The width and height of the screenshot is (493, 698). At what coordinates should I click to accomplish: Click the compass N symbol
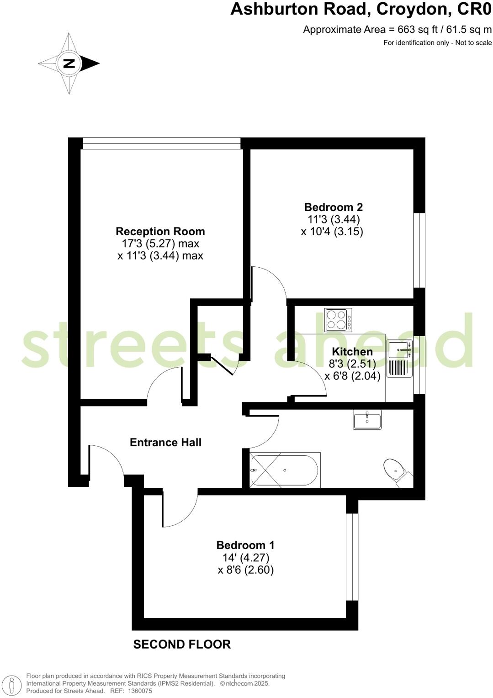coord(69,63)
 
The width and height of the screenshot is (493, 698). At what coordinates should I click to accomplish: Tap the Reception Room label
coord(160,231)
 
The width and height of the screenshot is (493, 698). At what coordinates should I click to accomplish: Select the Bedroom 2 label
coord(333,207)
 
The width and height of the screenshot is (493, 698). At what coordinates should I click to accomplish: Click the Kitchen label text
coord(352,351)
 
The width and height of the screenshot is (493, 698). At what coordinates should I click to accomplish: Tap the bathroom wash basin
coord(367,419)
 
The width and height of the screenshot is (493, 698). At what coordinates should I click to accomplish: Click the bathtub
coord(284,470)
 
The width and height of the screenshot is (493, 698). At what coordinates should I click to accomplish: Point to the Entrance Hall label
coord(165,442)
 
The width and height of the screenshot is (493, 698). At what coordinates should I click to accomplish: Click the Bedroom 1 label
coord(245,545)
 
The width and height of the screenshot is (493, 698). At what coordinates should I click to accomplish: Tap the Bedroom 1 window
coord(351,557)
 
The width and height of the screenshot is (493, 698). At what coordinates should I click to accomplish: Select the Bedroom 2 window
coord(419,250)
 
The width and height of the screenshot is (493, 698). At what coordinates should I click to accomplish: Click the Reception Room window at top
coord(161,143)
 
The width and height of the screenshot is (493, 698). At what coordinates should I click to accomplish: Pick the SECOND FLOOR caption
coord(182,644)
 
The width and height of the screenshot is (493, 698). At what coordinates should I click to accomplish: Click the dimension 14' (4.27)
coord(246,557)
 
